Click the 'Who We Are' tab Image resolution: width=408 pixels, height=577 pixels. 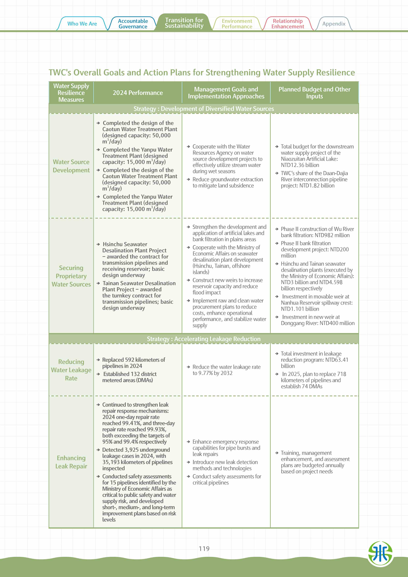[82, 24]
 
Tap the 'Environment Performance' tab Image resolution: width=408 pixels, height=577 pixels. [237, 24]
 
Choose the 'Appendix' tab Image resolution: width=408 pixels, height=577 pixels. [334, 24]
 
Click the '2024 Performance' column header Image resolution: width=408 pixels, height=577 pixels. [138, 93]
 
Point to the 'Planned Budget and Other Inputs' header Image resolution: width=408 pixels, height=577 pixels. [314, 93]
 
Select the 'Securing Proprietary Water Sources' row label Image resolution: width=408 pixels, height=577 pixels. [71, 276]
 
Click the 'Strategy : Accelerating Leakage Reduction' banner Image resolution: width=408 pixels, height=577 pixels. [204, 339]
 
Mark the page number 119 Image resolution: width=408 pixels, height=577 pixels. [204, 549]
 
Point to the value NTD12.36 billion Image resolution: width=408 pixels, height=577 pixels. [300, 165]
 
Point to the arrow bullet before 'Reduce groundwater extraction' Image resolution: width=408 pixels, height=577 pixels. [188, 179]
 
